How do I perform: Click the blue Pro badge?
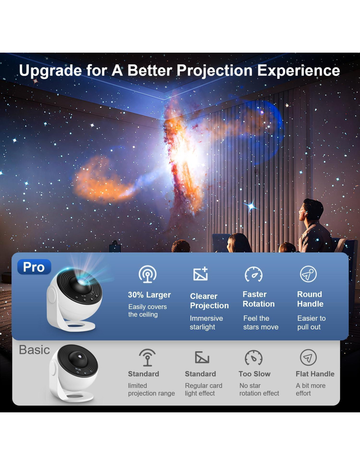point(34,267)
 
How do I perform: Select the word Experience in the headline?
point(298,71)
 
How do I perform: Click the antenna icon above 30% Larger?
point(148,274)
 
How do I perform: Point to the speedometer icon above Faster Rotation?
point(254,274)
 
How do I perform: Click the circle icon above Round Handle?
point(308,274)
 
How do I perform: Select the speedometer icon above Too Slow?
point(254,357)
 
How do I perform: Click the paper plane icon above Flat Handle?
point(308,357)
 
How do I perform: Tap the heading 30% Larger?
point(149,295)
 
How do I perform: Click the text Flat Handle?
point(315,374)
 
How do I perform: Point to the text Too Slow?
point(255,374)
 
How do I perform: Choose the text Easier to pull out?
point(312,322)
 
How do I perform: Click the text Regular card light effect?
point(204,389)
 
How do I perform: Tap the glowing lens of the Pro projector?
point(82,282)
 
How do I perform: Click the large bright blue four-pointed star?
point(251,206)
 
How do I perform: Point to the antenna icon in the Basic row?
point(147,357)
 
